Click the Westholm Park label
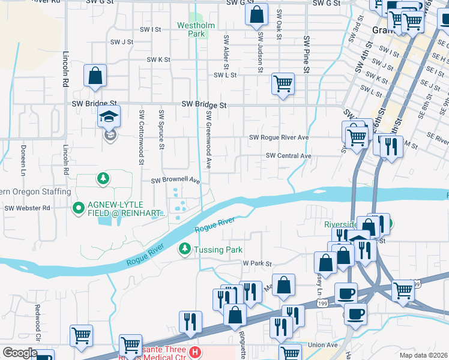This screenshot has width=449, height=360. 191,30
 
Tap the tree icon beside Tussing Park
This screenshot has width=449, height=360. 185,248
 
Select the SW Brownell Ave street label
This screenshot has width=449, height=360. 175,180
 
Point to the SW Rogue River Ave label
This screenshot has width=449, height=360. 279,137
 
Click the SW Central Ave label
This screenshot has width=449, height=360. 289,156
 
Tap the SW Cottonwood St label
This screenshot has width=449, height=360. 142,137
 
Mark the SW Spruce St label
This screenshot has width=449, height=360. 161,129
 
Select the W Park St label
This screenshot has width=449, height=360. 257,263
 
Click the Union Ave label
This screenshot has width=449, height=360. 323,345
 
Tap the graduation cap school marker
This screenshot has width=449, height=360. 109,117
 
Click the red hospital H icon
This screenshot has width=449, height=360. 194,351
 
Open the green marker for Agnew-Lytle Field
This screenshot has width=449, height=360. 77,209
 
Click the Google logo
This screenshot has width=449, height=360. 19,353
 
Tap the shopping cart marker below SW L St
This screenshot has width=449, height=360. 283,83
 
